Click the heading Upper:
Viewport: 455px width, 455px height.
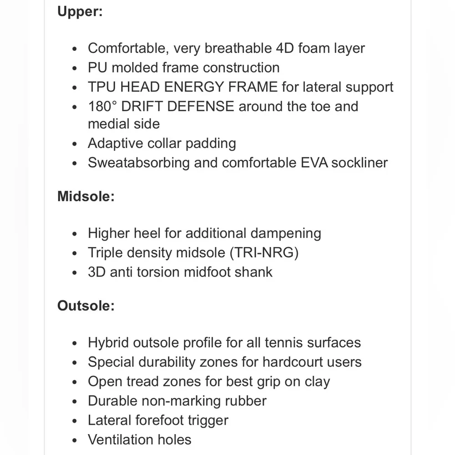point(80,11)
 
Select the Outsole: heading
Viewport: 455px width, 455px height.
point(86,305)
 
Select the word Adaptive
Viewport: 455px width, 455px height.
point(115,143)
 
